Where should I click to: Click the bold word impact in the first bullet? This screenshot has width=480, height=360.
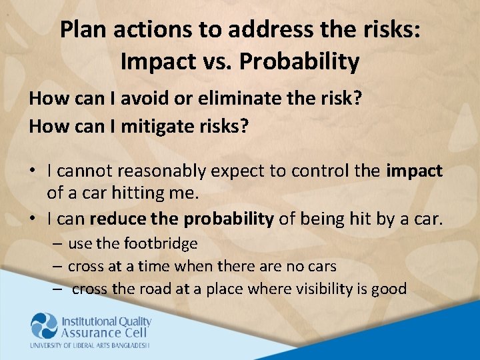click(x=414, y=171)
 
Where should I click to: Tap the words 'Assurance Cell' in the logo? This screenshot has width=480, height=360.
click(x=101, y=333)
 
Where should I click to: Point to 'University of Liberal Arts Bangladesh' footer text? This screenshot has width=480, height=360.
click(x=90, y=345)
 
